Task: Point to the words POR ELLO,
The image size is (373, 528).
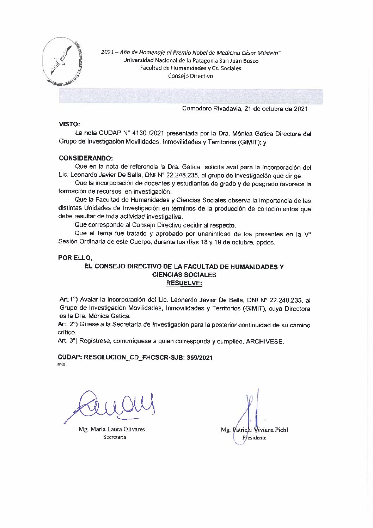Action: [x=75, y=257]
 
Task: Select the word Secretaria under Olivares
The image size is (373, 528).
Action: [x=114, y=437]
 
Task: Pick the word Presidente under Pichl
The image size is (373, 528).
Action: [x=254, y=438]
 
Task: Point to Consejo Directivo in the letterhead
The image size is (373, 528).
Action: [x=190, y=76]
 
